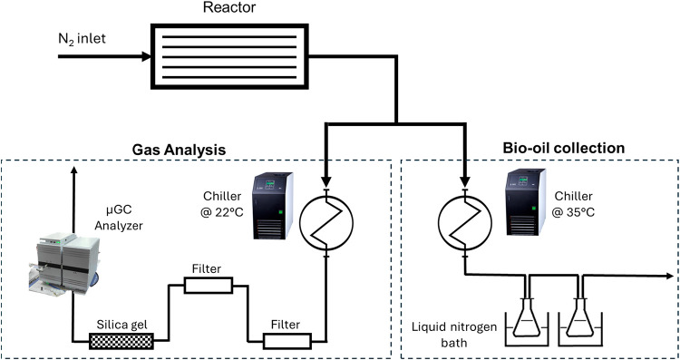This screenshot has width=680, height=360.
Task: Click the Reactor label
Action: point(229,8)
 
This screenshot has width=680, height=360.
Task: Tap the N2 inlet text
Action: point(83,39)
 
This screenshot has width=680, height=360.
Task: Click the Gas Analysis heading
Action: point(180,150)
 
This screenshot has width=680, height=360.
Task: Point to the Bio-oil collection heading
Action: point(564,149)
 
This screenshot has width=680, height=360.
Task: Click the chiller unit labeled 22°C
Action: point(273,205)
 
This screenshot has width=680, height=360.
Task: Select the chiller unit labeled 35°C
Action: point(525,201)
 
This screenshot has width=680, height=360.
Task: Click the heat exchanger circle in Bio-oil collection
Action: point(465,223)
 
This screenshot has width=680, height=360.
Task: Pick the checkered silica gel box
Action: point(121,341)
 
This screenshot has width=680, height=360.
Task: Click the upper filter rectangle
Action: point(209,286)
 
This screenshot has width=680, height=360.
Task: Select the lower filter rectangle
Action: point(287,340)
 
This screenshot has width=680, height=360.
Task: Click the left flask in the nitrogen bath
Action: point(527,319)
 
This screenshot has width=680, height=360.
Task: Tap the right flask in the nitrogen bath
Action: point(580,319)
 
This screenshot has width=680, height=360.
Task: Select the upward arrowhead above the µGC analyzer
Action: point(73,171)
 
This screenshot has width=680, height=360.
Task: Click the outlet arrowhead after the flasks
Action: point(668,276)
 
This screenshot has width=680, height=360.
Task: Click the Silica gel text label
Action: point(121,325)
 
